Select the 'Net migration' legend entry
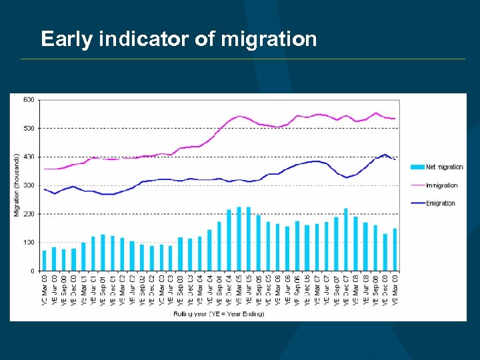(444, 167)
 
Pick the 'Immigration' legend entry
(441, 185)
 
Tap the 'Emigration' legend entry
(440, 203)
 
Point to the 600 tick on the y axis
(29, 100)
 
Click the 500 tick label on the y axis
(29, 128)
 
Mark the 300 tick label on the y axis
(29, 185)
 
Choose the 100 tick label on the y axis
(29, 243)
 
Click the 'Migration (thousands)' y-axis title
(17, 185)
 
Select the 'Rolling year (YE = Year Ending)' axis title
(219, 313)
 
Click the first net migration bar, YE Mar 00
(45, 261)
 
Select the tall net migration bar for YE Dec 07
(345, 239)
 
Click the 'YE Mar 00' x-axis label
(45, 291)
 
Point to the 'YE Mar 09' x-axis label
(395, 291)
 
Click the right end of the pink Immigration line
(395, 119)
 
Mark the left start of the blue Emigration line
(45, 189)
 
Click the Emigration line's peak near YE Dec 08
(385, 155)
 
